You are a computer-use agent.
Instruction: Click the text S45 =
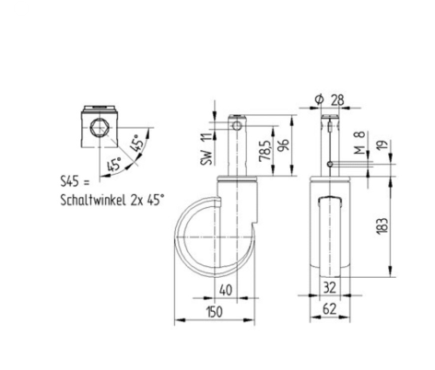point(71,185)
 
